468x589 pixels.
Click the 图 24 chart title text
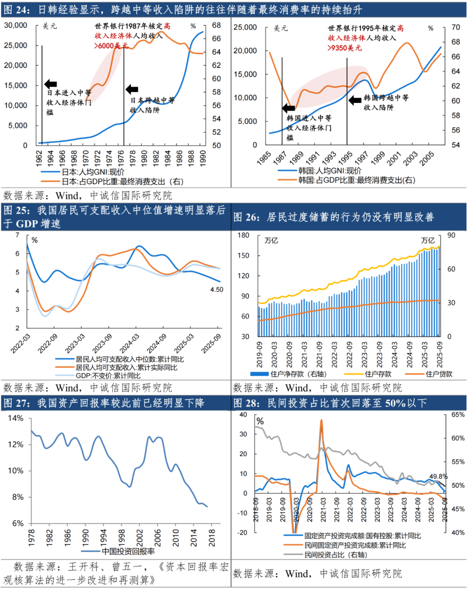coord(182,10)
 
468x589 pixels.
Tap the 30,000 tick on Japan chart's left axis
coord(16,26)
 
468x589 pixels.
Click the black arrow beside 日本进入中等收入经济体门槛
coord(51,84)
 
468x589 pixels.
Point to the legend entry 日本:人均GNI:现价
coord(93,172)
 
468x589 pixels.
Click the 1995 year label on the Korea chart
coord(345,158)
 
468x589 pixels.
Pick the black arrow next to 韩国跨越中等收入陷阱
coord(355,100)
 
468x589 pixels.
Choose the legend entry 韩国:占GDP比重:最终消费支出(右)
coord(356,180)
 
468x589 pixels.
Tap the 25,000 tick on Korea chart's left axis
coord(245,27)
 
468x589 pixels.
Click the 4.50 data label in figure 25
coord(217,290)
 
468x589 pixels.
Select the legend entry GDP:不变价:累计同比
coord(108,376)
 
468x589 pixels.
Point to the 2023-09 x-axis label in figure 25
coord(102,344)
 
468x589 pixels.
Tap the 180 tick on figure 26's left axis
coord(244,235)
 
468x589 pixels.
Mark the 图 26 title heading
coord(334,217)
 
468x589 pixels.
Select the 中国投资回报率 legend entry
coord(128,551)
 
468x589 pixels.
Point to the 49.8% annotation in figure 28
coord(438,476)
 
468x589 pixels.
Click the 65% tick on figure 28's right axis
coord(458,415)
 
